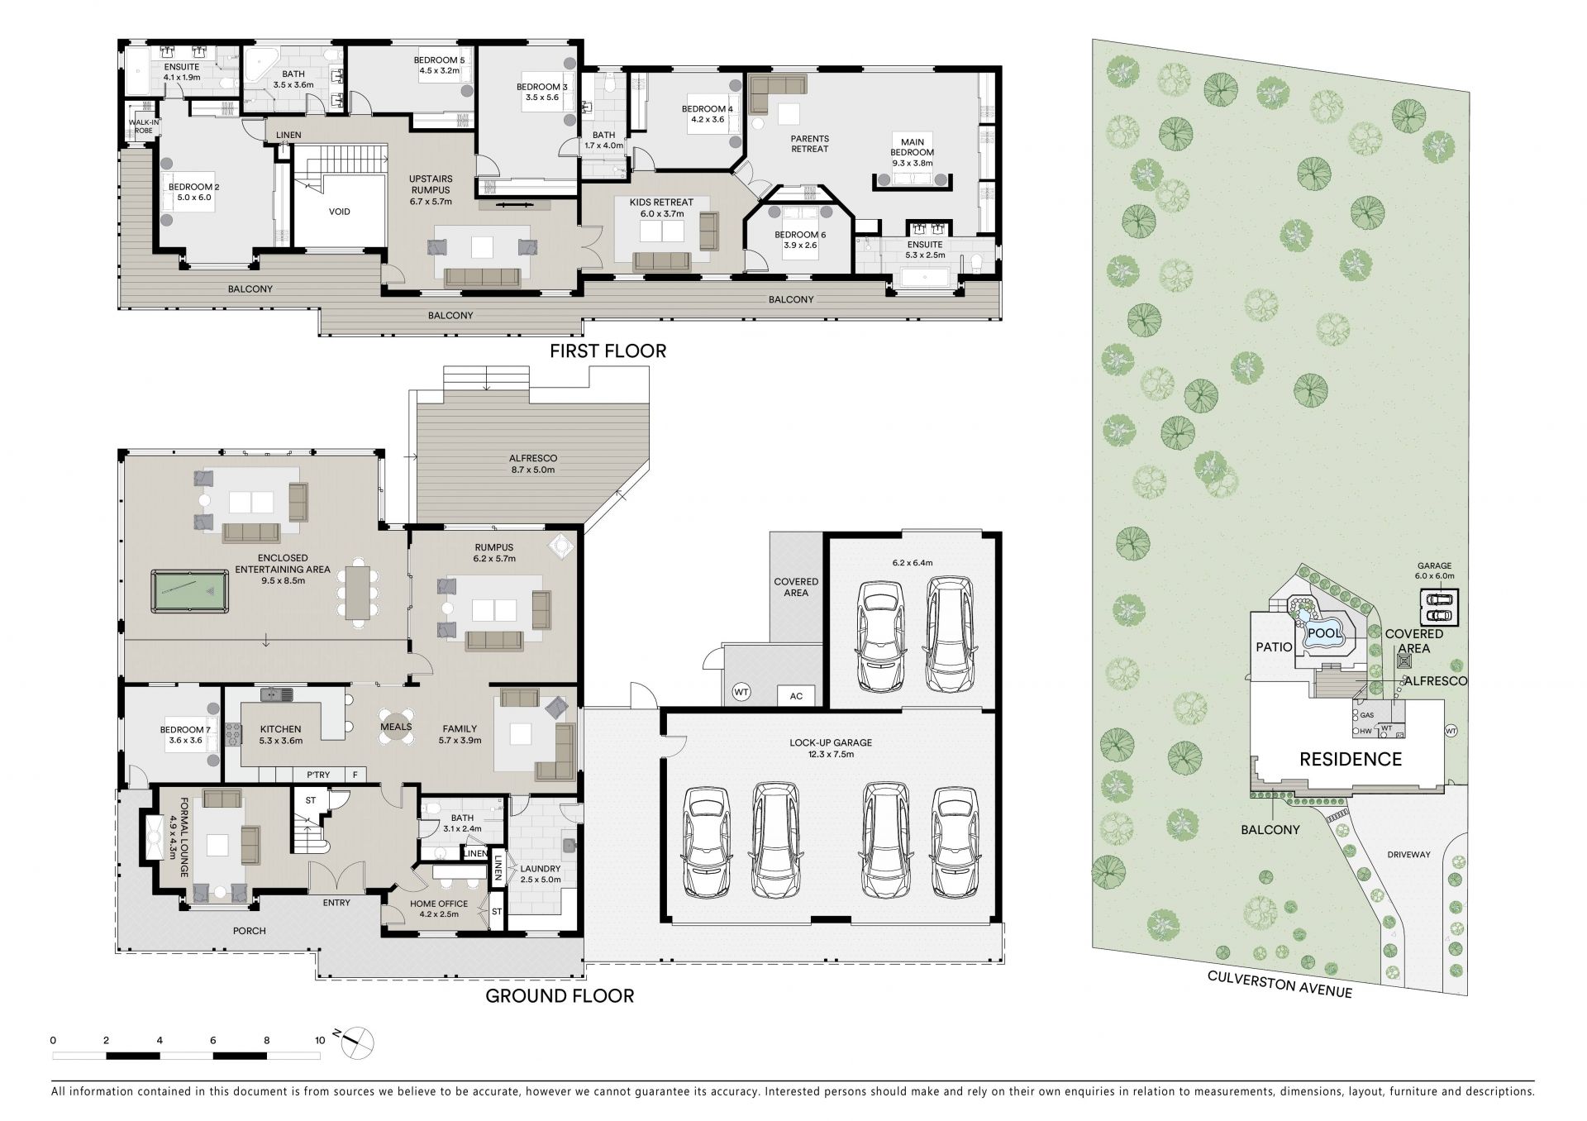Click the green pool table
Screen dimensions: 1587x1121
coord(189,591)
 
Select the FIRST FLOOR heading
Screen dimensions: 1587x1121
coord(608,351)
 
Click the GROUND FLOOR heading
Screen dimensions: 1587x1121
coord(560,995)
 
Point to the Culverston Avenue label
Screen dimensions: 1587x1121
coord(1280,984)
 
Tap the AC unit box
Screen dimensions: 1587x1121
coord(796,696)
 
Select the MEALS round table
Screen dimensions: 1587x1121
coord(396,727)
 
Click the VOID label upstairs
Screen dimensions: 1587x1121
coord(340,212)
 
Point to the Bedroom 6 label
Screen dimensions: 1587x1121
coord(800,240)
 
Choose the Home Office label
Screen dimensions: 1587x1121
coord(439,909)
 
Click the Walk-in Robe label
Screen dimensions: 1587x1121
coord(143,126)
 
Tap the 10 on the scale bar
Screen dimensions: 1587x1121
coord(320,1041)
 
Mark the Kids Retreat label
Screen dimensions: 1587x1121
coord(661,208)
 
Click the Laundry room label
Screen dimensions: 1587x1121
coord(540,874)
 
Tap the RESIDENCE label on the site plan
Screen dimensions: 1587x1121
coord(1351,759)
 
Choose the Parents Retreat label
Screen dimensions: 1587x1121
coord(809,144)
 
